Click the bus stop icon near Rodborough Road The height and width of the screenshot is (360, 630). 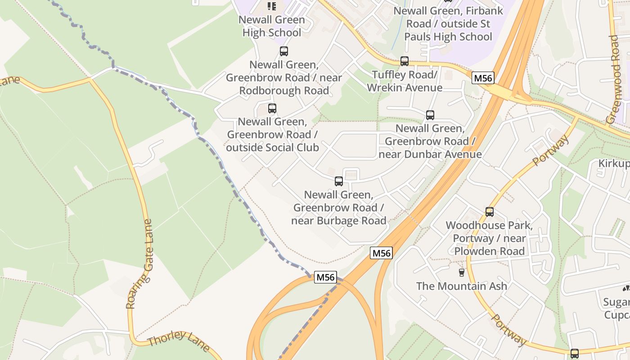[x=283, y=51]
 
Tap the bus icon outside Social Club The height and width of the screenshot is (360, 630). [x=272, y=108]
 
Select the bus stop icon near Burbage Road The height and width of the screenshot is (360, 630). [x=338, y=181]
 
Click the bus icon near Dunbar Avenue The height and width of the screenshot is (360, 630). [x=430, y=115]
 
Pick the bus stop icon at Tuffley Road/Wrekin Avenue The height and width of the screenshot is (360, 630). [x=404, y=61]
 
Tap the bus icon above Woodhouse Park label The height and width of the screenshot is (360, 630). [x=489, y=211]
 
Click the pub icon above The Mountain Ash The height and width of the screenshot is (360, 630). [x=461, y=272]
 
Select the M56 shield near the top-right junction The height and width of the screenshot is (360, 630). [x=483, y=78]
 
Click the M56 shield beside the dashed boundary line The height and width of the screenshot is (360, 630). [x=325, y=277]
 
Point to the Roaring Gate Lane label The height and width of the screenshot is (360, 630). [x=139, y=264]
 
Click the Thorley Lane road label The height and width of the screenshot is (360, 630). [x=178, y=341]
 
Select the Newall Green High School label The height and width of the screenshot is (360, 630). [x=271, y=26]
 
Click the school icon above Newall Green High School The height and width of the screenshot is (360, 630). [x=271, y=6]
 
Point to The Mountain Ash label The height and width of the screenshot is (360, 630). [x=461, y=286]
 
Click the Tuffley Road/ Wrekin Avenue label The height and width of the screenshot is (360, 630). [x=404, y=81]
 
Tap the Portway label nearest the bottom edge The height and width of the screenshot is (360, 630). [x=508, y=330]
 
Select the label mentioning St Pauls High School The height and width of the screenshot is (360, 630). [x=448, y=23]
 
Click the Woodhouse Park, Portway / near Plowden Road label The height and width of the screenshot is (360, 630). [x=489, y=238]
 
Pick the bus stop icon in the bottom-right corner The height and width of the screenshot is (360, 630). [x=574, y=353]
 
